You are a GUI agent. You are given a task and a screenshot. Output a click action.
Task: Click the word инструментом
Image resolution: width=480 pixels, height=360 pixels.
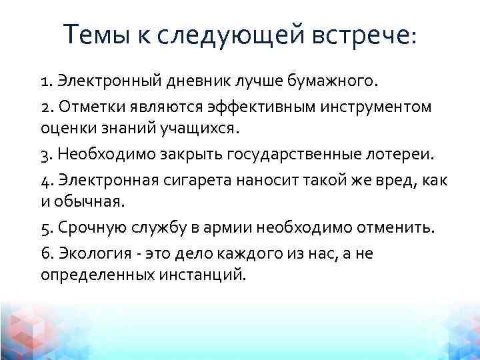coord(383,107)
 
